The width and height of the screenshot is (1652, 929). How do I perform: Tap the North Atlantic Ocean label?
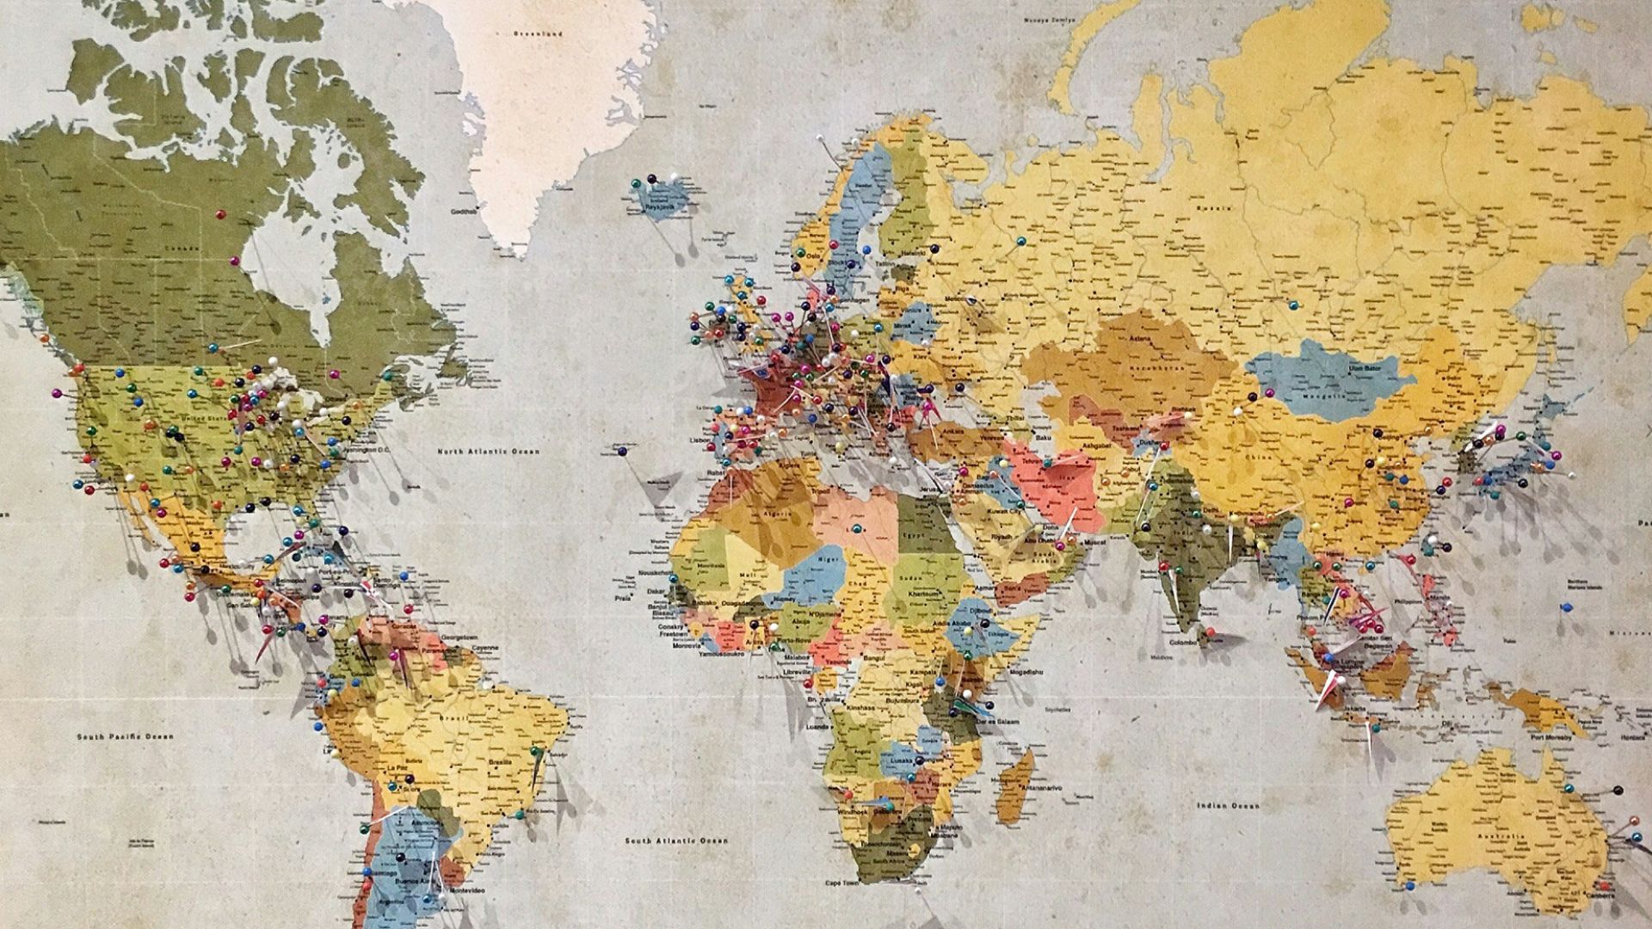coord(488,452)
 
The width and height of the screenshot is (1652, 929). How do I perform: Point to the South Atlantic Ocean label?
coord(676,840)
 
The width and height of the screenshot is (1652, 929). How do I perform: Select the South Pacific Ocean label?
coord(125,736)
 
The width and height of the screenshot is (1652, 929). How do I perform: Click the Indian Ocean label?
coord(1228,806)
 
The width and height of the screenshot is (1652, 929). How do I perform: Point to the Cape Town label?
coord(843,883)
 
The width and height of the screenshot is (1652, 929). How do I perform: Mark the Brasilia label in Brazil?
coord(499,763)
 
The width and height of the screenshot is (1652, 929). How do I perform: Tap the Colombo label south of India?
coord(1183,643)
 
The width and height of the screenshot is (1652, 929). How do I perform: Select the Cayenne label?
coord(486,647)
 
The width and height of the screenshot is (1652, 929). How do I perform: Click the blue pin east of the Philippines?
coord(1564,606)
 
